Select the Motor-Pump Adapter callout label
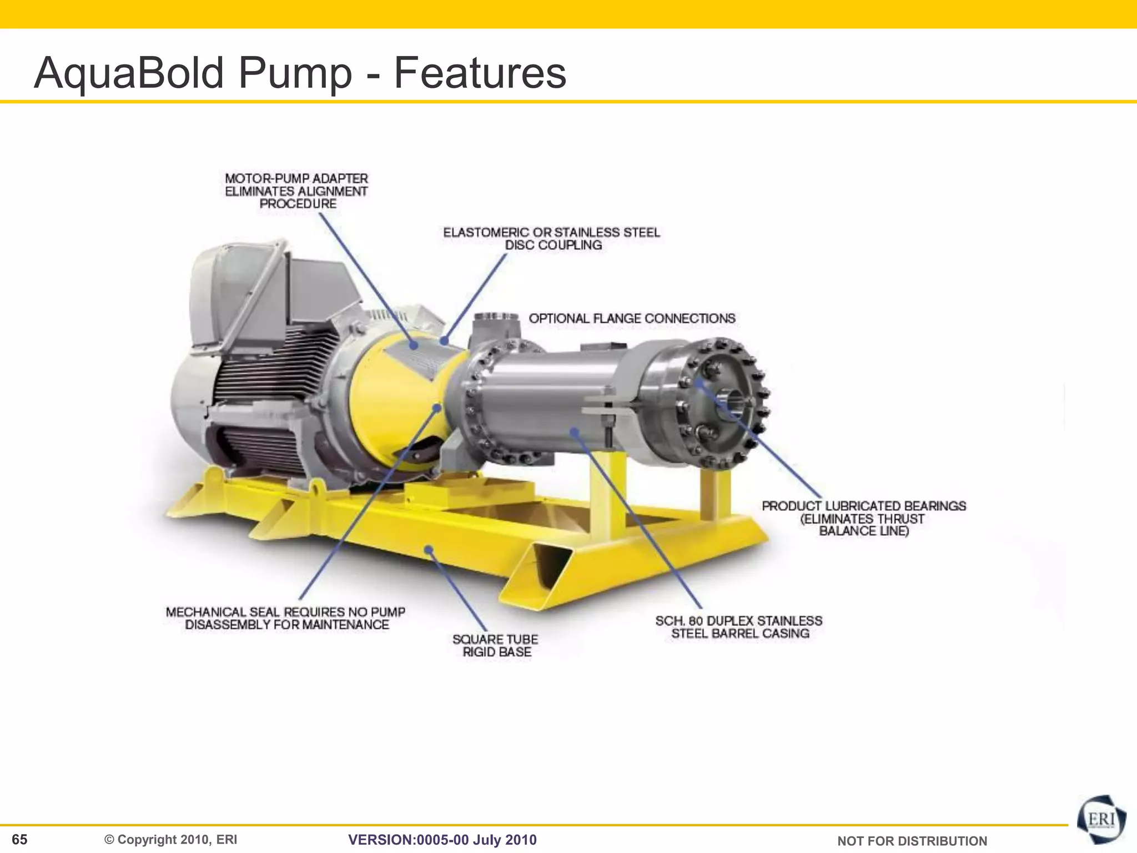296,191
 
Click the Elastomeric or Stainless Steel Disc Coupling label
551,239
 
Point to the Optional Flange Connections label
632,319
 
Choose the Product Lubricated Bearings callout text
863,518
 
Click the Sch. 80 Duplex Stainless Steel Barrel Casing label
739,627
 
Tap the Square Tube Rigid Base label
496,646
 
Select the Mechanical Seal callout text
286,618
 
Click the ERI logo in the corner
1101,820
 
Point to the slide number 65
19,839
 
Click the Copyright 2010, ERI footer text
171,839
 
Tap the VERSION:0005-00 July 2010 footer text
442,840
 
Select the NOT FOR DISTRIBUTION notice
912,841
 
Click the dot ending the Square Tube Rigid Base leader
429,550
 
